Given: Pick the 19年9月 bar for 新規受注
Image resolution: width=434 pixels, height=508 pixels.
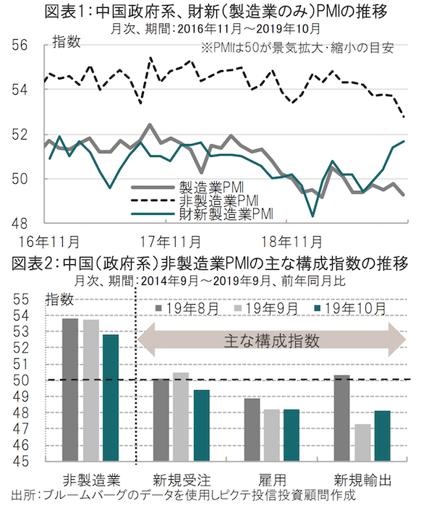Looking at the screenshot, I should pyautogui.click(x=180, y=415).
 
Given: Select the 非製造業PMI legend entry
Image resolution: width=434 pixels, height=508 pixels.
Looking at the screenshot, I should pyautogui.click(x=212, y=199).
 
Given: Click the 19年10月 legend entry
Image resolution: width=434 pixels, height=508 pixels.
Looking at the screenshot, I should pyautogui.click(x=348, y=309).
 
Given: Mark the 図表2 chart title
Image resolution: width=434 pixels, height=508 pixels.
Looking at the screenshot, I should pyautogui.click(x=217, y=261).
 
